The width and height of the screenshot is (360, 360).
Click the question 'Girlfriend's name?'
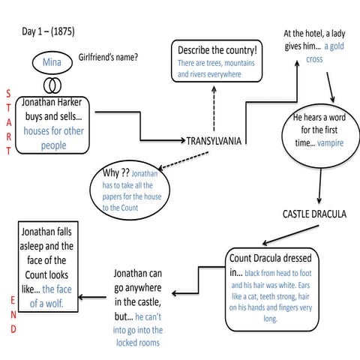point(112,57)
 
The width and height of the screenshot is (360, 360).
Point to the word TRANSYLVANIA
point(214,140)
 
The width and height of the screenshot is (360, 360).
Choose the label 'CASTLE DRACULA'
point(314,214)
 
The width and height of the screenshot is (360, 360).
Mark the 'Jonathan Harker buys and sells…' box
point(53,123)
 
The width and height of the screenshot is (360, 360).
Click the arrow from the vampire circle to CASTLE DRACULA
point(321,185)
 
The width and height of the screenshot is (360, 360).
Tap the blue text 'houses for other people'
point(53,137)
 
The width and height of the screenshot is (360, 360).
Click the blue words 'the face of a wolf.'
point(51,296)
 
